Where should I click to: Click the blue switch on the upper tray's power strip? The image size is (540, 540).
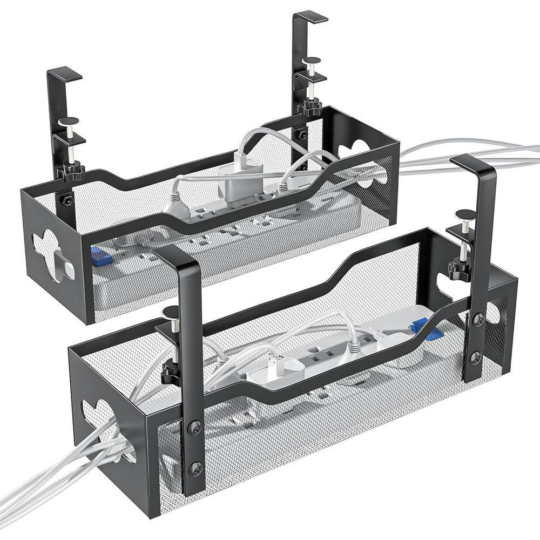pyautogui.click(x=100, y=256)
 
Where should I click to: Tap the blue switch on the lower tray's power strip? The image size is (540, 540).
pyautogui.click(x=421, y=326)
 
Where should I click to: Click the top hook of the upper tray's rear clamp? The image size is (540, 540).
pyautogui.click(x=311, y=17)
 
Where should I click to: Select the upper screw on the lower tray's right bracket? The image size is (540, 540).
pyautogui.click(x=478, y=320)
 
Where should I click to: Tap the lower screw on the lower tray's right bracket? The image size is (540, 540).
pyautogui.click(x=476, y=356)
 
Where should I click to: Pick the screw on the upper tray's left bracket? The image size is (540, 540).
pyautogui.click(x=67, y=200)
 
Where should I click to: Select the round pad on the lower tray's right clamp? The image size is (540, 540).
pyautogui.click(x=465, y=214)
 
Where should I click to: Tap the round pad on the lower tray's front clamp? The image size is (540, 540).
pyautogui.click(x=170, y=312)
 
